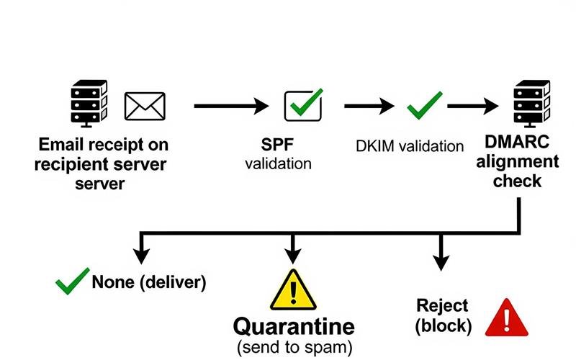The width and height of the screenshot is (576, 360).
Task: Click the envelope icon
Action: coord(145,106)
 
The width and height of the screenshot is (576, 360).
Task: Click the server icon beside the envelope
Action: coord(89,103)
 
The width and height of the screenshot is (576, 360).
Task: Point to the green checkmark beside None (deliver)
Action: coord(72,281)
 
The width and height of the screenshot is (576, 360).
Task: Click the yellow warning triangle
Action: coord(292,289)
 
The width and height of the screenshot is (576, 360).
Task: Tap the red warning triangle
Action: coord(506,318)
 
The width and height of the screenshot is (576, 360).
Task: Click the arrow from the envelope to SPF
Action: coord(230,106)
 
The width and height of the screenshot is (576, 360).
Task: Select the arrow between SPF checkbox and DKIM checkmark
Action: coord(369,106)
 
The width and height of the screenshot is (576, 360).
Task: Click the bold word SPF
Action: coord(278,145)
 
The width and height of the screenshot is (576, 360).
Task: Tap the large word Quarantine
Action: coord(293,326)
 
